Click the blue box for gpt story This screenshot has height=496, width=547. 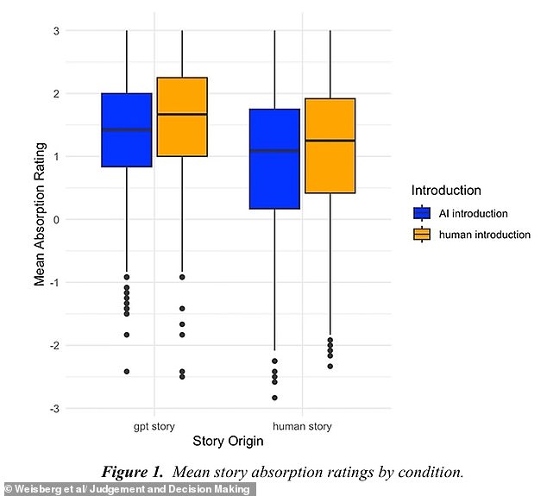[127, 130]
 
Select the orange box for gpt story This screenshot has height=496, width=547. [182, 116]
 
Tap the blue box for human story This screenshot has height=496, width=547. [274, 159]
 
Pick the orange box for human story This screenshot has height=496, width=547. [330, 146]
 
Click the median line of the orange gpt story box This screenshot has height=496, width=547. [182, 114]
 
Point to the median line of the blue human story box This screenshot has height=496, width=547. [274, 151]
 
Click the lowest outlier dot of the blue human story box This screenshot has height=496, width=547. [274, 398]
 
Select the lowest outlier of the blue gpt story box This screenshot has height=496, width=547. [127, 372]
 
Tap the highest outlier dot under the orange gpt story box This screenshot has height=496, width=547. [182, 277]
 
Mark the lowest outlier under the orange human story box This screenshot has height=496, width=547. [330, 367]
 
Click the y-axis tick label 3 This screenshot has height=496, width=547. [56, 31]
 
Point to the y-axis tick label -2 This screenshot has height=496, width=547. [54, 345]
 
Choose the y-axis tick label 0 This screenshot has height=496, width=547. [56, 220]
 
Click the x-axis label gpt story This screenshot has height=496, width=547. [154, 427]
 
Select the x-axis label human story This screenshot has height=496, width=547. [302, 426]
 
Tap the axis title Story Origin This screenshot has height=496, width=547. [228, 442]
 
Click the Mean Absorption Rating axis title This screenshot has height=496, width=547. [40, 214]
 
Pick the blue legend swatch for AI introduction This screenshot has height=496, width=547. [422, 213]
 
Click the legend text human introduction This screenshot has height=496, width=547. [485, 235]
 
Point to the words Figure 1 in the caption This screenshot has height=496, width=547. [132, 473]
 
